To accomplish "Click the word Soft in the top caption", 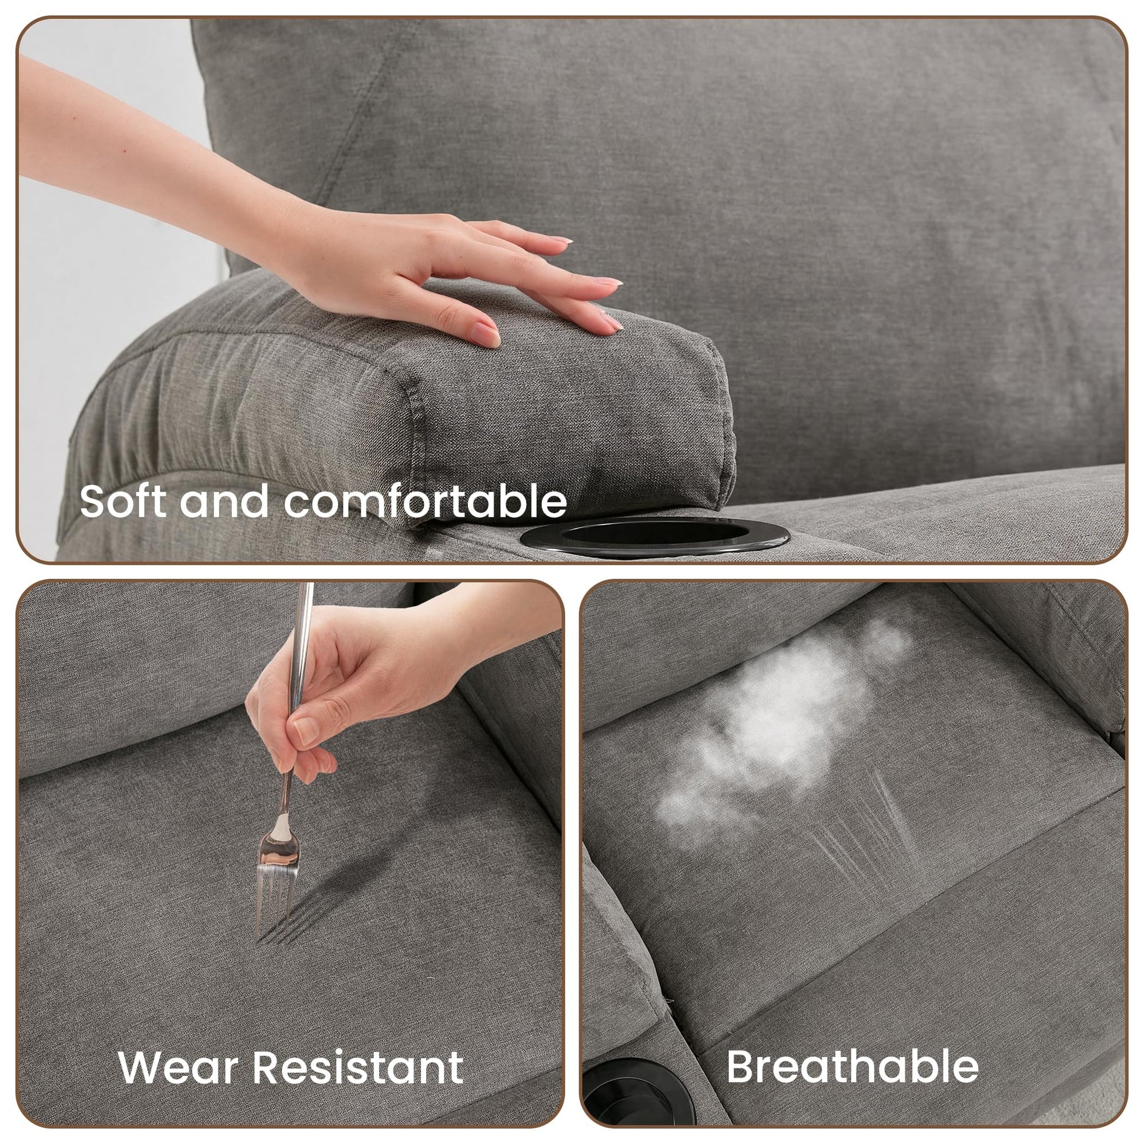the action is coord(122,501).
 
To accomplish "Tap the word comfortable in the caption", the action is coord(425,501).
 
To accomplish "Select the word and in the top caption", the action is coord(225,501).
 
